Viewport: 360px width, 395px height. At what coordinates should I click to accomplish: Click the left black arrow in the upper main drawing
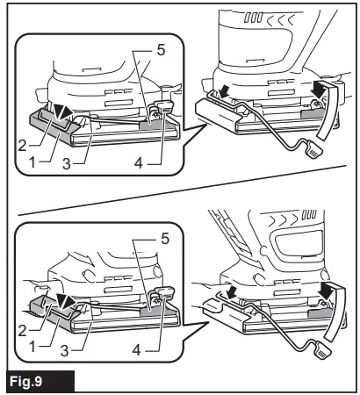point(225,89)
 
